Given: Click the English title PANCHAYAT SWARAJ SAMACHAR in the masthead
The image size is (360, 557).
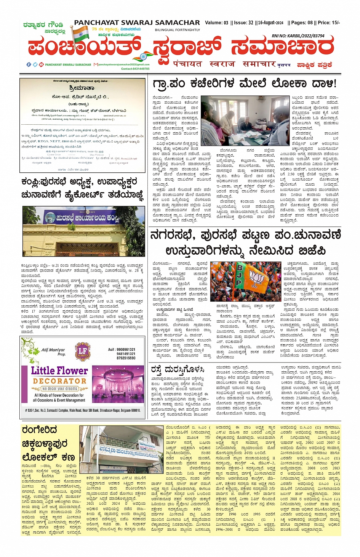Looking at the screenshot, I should coord(137,23).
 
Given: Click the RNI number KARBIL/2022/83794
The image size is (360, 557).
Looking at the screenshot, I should coord(298,36).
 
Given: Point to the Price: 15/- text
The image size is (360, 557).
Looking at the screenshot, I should coord(329,23).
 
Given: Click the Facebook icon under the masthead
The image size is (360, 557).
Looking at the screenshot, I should coord(29,64).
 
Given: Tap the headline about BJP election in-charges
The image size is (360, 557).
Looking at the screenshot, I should coord(245,243).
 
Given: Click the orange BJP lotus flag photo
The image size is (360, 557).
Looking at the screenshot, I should coord(245,280).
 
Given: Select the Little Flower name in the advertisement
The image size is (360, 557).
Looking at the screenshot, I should coord(59,370).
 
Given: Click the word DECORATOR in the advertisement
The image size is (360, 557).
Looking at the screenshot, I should coord(59,380).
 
